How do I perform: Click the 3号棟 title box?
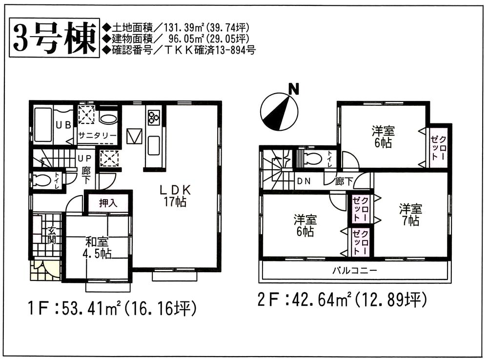point(53,38)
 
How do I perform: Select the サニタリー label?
point(98,136)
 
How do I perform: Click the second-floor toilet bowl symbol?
point(312,159)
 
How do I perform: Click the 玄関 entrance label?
point(51,234)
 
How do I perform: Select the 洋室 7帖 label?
point(410,215)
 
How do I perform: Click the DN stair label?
point(303,181)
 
